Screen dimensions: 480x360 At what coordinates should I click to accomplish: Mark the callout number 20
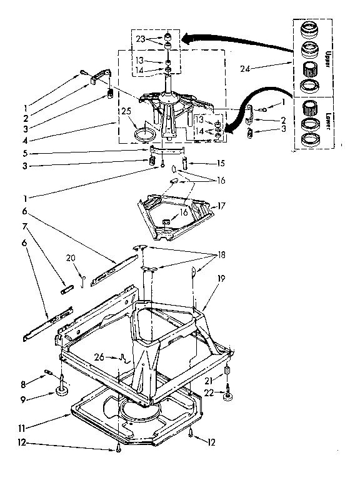pyautogui.click(x=71, y=257)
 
